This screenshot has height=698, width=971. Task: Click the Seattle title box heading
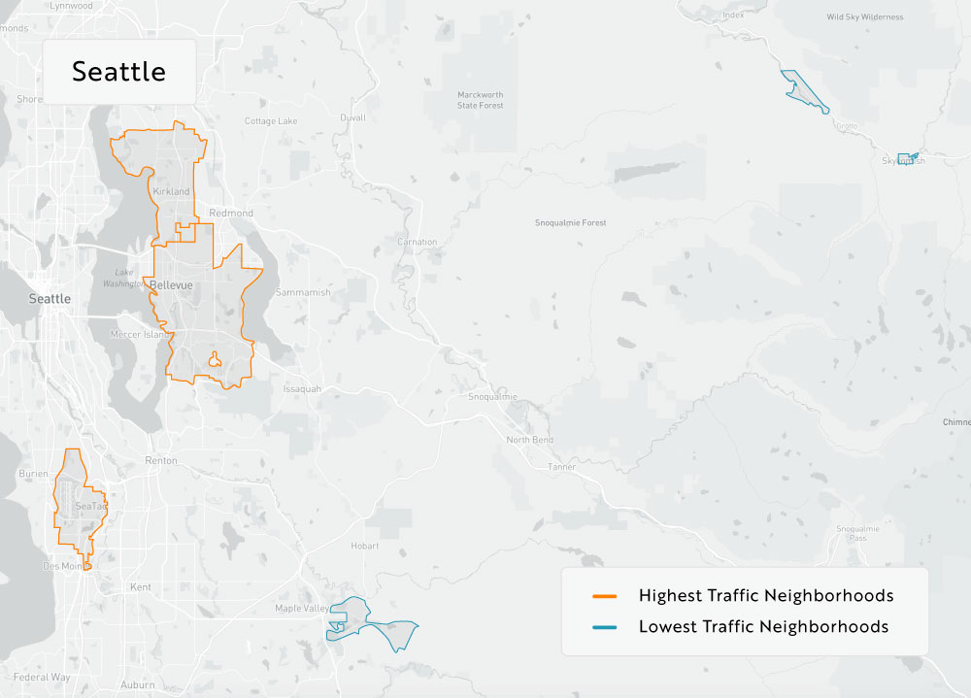[118, 72]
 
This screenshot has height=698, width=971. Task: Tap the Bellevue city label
[171, 284]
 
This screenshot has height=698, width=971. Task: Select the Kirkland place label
[171, 192]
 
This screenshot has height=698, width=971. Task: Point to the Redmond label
[230, 213]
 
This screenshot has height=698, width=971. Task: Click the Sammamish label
[303, 292]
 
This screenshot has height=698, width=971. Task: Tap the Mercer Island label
[140, 334]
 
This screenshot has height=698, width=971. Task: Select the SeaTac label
[90, 507]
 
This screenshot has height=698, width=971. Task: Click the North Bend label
[529, 440]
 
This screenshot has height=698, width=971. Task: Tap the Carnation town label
[418, 242]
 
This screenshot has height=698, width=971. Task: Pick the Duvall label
[352, 117]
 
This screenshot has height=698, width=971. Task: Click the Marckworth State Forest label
[481, 100]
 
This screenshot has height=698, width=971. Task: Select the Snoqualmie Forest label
[570, 223]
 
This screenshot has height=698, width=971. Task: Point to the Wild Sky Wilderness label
[864, 17]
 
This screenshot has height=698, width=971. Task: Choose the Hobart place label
[365, 547]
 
